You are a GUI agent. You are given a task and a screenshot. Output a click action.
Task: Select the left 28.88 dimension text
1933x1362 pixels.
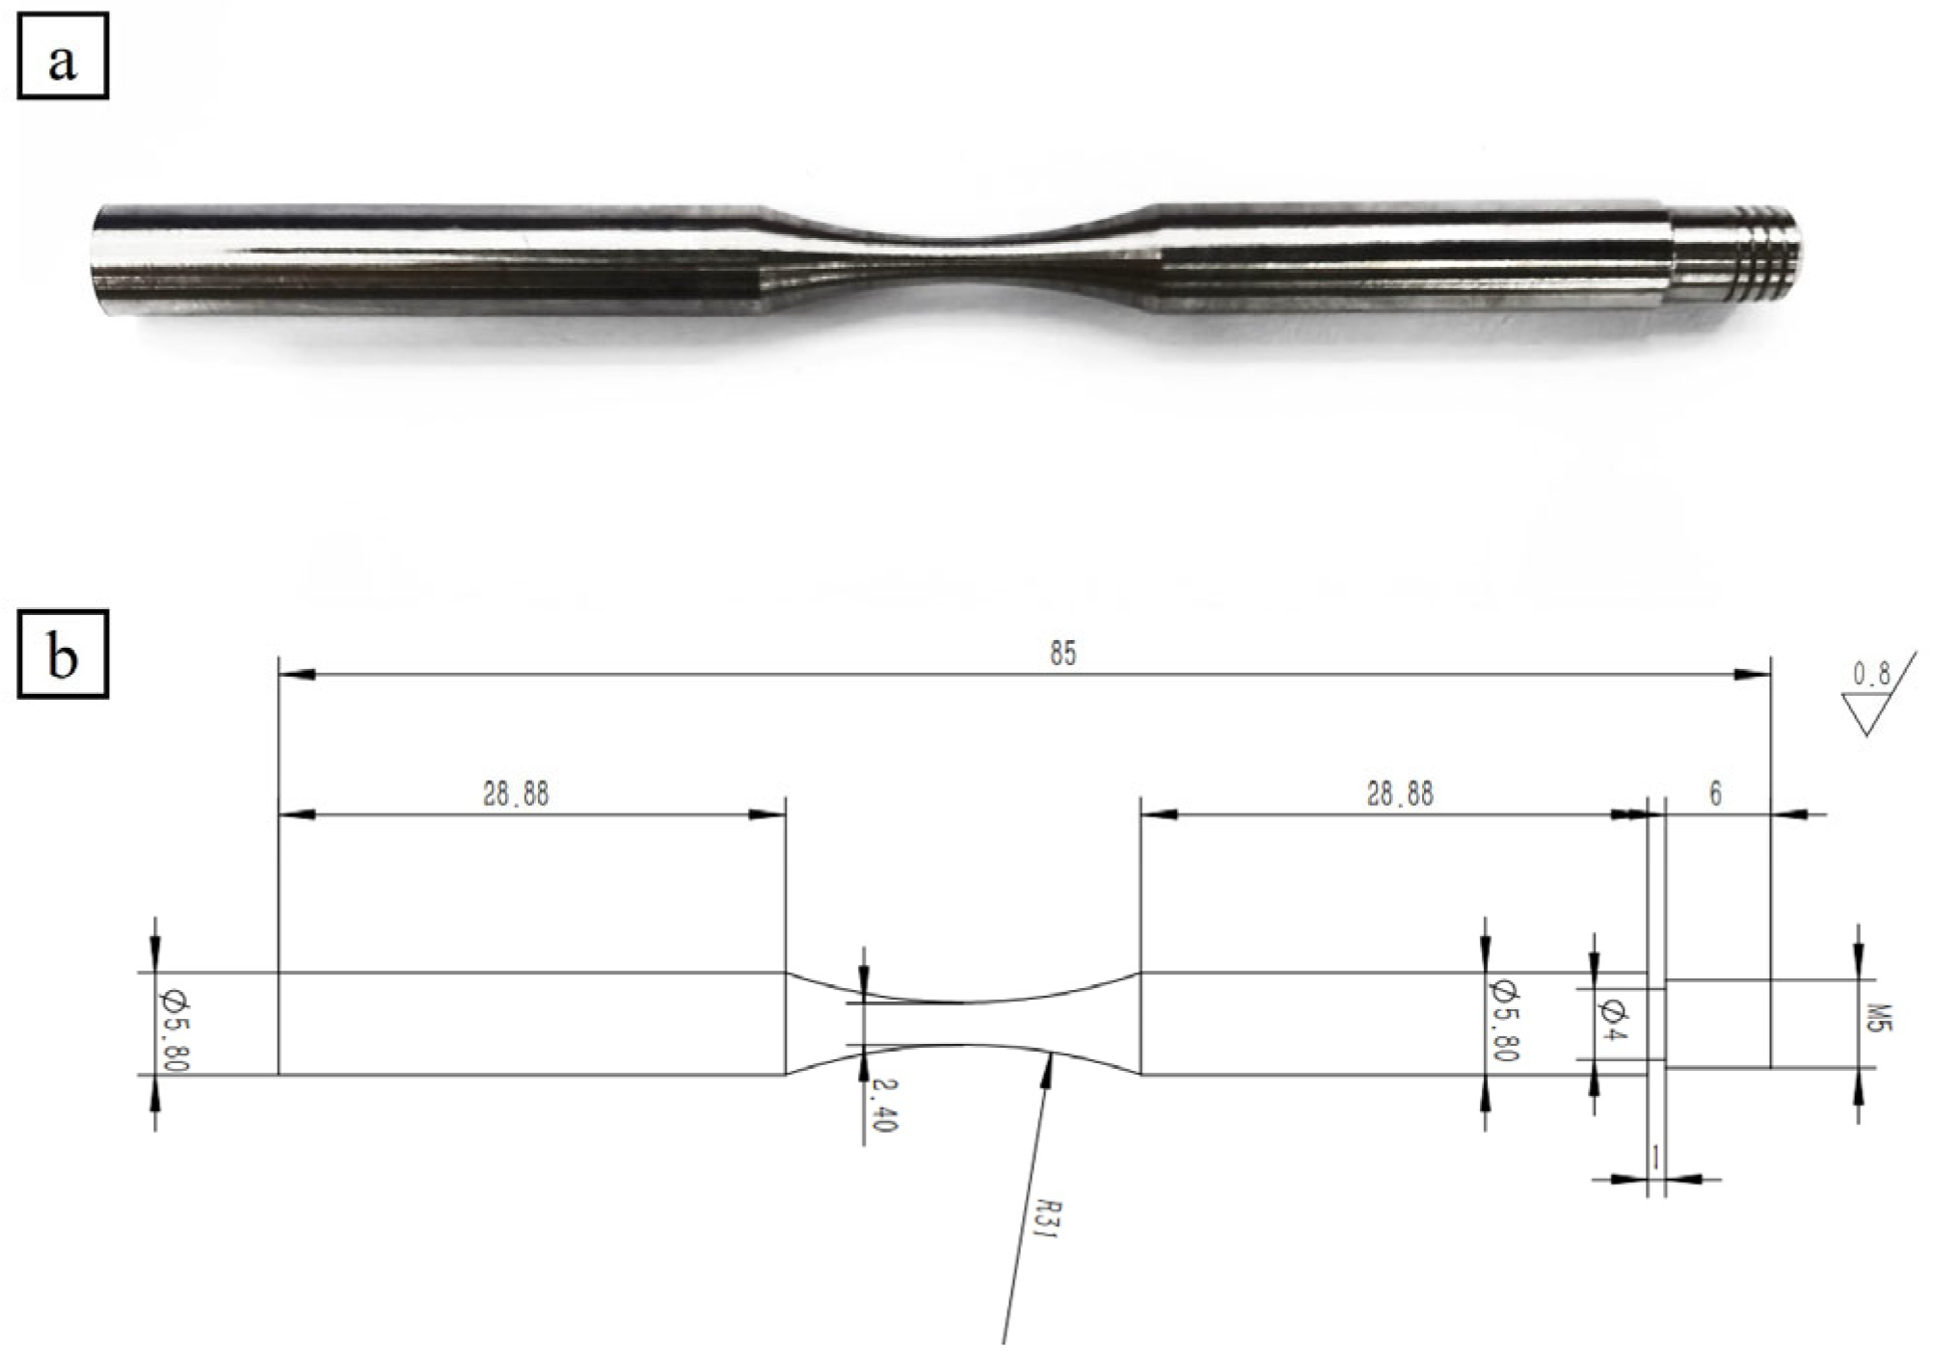515,794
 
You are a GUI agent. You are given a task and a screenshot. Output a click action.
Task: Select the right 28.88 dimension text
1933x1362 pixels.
1399,794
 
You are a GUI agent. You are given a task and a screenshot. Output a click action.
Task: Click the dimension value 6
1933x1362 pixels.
1714,794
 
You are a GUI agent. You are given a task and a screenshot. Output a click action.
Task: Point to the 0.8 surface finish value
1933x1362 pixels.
1870,674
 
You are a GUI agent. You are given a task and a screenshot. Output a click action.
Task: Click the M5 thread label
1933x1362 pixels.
1880,1019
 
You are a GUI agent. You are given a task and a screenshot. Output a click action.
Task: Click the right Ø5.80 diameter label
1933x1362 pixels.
1506,1020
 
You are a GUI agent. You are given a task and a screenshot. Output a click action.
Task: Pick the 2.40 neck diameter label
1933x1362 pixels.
884,1105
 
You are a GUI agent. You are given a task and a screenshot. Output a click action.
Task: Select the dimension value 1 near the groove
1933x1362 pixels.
1655,1158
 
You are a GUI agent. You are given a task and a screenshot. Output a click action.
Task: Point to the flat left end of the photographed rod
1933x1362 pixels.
102,258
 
